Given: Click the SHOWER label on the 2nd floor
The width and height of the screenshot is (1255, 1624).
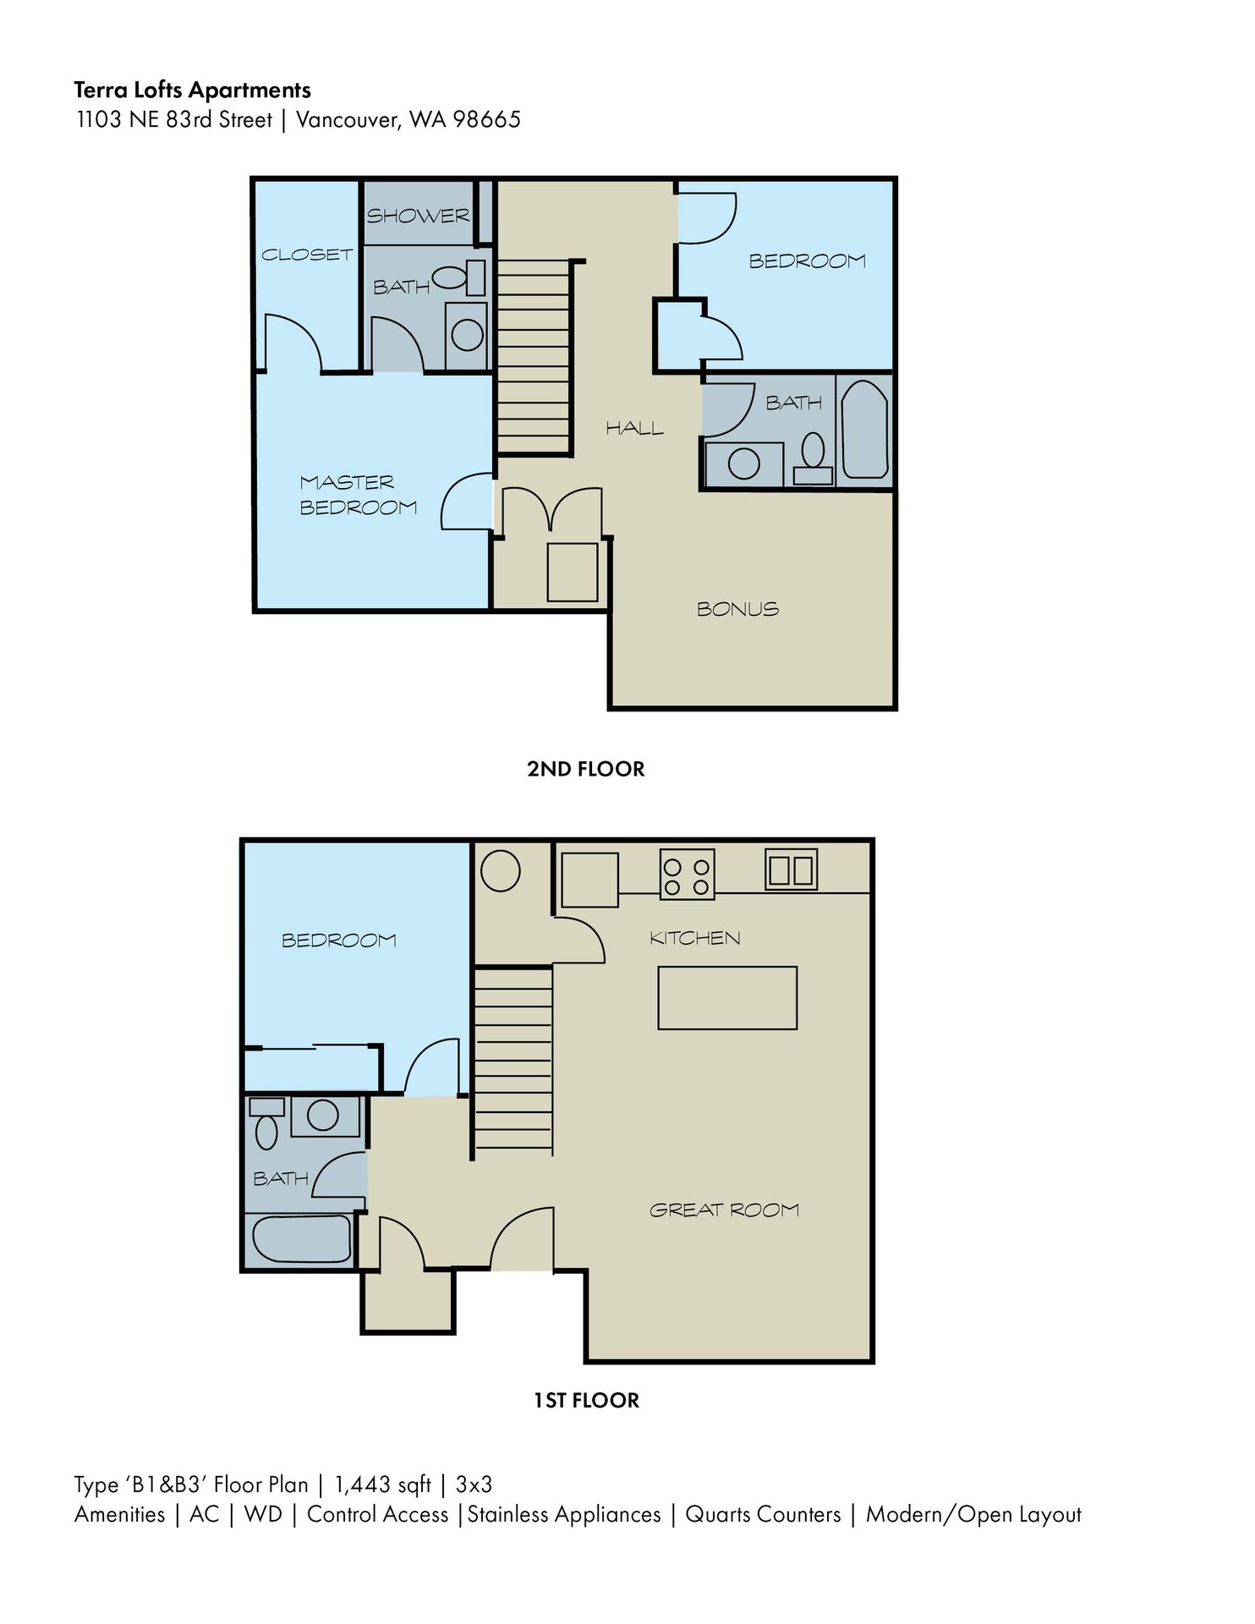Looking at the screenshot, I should pyautogui.click(x=418, y=216).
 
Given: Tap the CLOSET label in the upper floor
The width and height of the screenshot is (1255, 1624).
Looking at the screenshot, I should pyautogui.click(x=306, y=255).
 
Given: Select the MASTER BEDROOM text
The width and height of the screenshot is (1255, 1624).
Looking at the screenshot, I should pyautogui.click(x=358, y=495).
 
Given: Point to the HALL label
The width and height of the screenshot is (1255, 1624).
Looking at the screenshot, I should pyautogui.click(x=634, y=429).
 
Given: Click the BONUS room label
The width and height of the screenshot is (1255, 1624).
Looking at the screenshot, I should pyautogui.click(x=737, y=609).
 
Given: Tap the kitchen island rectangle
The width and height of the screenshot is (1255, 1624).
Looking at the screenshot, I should pyautogui.click(x=727, y=998).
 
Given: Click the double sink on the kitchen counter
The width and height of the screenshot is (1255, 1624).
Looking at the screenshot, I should pyautogui.click(x=792, y=870).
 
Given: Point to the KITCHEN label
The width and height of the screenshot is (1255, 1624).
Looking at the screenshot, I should pyautogui.click(x=694, y=938).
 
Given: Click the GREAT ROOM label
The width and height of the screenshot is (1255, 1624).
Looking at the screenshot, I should pyautogui.click(x=724, y=1210).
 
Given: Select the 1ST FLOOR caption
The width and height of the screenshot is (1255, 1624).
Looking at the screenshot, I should pyautogui.click(x=586, y=1401).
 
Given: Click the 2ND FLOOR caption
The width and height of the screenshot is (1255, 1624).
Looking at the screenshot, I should pyautogui.click(x=585, y=769).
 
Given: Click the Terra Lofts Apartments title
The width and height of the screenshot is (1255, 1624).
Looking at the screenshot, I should pyautogui.click(x=192, y=90).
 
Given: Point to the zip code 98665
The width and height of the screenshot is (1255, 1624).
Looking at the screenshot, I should pyautogui.click(x=486, y=120).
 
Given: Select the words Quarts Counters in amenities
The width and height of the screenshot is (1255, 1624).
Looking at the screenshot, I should pyautogui.click(x=763, y=1514).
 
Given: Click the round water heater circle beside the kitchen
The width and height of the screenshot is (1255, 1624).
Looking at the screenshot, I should pyautogui.click(x=500, y=870).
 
